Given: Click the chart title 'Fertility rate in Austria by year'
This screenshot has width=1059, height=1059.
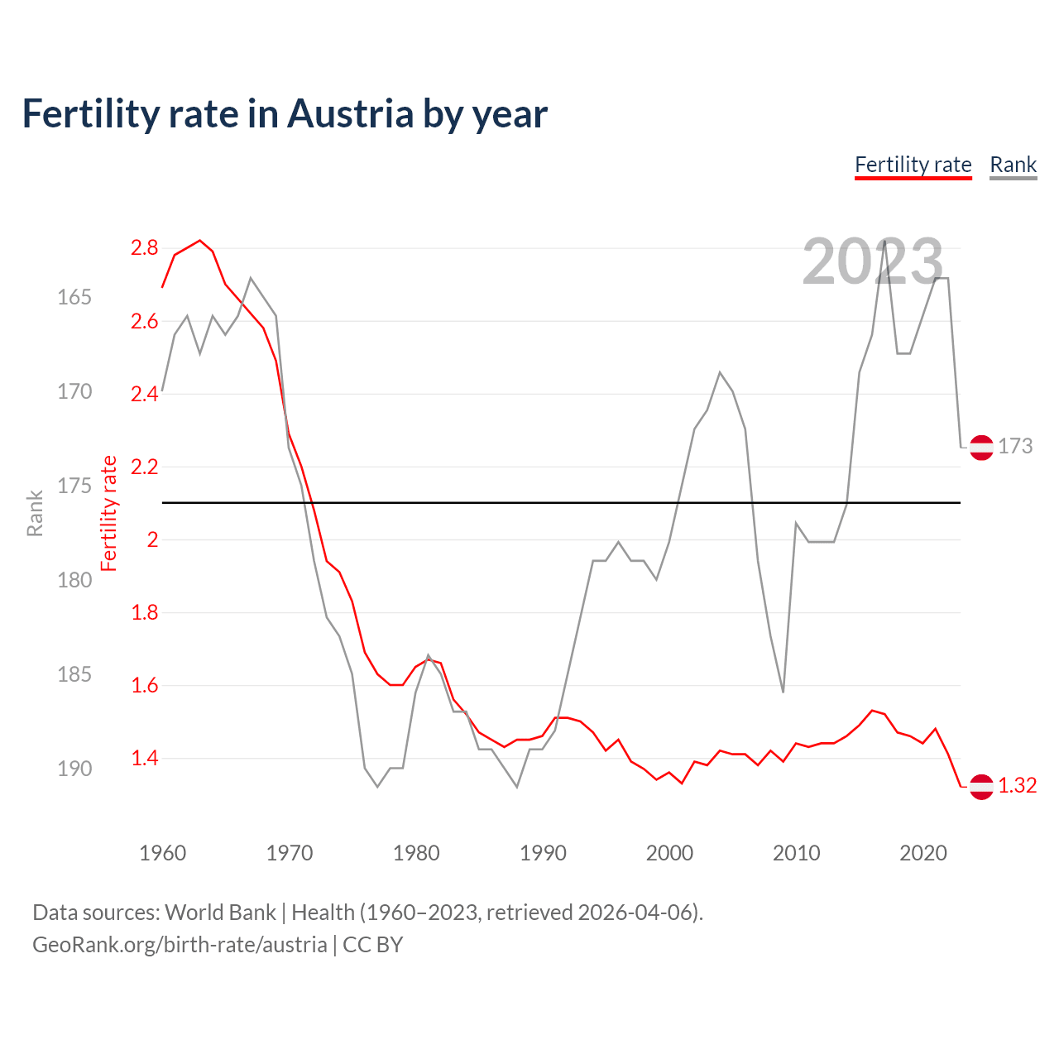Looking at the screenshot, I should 285,114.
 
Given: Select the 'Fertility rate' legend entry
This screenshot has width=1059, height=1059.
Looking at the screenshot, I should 913,165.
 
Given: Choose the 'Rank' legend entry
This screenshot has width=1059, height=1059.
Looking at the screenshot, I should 1013,165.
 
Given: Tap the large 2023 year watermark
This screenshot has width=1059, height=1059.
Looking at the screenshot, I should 872,261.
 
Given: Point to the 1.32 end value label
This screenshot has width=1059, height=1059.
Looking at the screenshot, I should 1017,786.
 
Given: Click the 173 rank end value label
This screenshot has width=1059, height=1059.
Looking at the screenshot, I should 1015,447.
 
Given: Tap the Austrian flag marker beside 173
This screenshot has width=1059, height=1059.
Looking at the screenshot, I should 981,447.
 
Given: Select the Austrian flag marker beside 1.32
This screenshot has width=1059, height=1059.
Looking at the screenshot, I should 981,786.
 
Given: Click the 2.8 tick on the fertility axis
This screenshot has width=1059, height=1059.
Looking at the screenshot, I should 144,248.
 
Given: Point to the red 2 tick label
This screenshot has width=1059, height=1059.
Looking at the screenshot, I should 152,540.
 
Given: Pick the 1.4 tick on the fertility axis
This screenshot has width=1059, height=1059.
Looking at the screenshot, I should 144,759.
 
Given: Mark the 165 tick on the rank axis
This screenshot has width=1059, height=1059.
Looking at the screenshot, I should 74,297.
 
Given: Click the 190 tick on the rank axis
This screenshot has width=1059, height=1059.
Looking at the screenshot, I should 74,769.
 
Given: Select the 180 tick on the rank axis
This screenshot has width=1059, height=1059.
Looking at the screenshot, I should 74,580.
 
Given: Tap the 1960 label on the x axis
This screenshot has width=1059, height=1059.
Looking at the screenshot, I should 162,853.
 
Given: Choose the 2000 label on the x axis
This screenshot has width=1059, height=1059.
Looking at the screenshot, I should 669,853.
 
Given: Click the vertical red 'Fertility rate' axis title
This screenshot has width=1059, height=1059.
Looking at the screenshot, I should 108,514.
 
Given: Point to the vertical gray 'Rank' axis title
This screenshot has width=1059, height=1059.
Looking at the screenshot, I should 35,514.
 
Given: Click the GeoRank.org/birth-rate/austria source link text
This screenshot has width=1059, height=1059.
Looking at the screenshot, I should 180,945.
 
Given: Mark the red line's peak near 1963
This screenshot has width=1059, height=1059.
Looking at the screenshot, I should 200,241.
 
